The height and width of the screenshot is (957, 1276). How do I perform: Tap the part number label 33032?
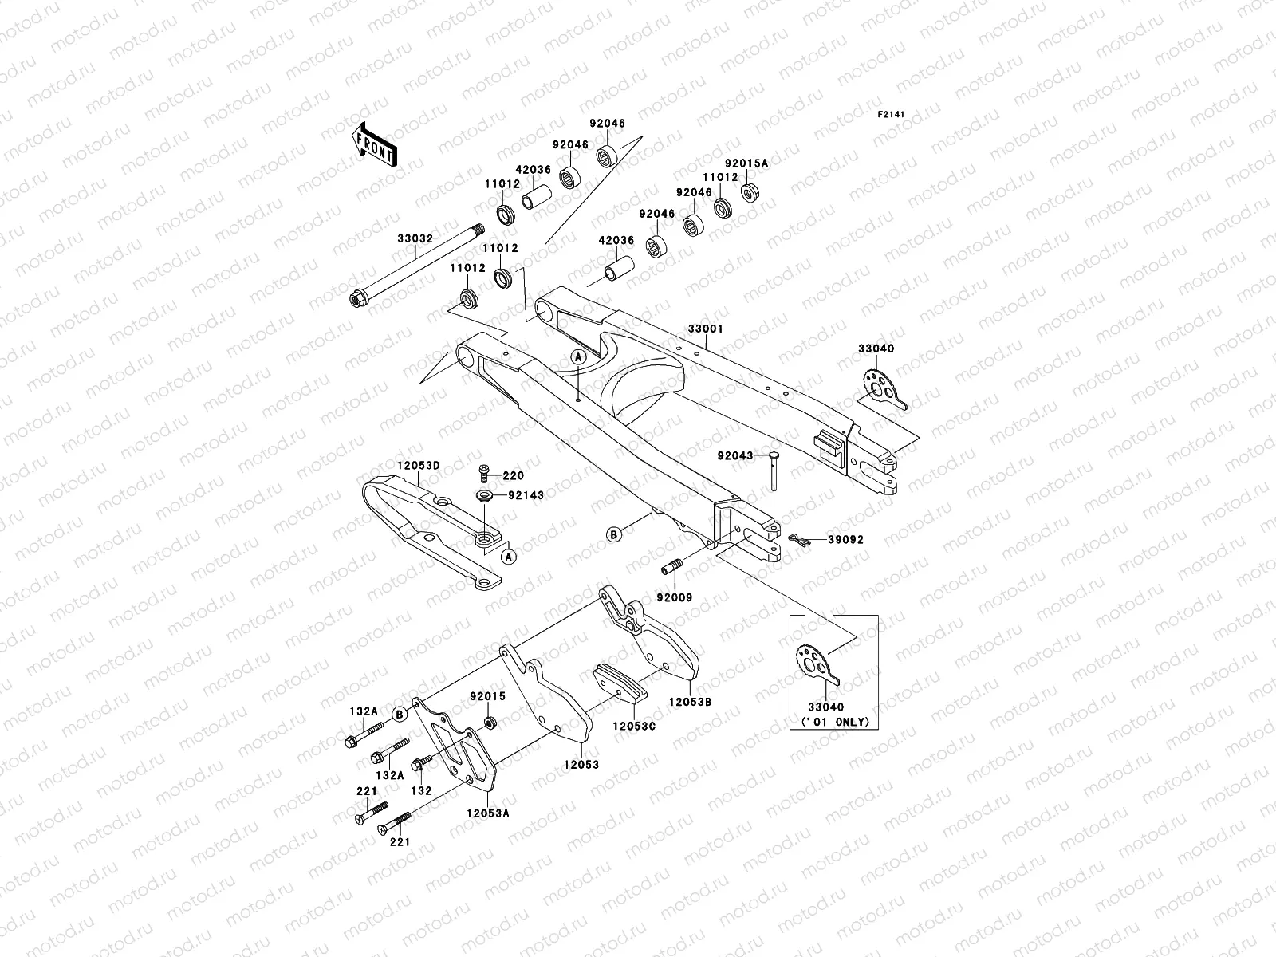[x=415, y=238]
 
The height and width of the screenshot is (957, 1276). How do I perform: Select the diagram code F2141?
[x=891, y=115]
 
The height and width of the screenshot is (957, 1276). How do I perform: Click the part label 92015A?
[x=746, y=163]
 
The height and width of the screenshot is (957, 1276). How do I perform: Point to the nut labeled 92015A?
[x=750, y=191]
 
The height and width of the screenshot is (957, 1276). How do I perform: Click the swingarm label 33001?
[x=705, y=329]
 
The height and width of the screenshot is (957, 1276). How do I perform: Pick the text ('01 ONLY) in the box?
[x=835, y=722]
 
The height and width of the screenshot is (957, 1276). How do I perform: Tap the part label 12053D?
[x=419, y=466]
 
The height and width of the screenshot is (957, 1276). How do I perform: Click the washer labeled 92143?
[x=484, y=495]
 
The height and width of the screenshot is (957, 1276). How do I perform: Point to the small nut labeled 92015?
[x=490, y=723]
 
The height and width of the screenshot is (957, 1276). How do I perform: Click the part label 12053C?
[x=634, y=727]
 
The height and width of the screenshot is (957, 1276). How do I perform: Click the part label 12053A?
[x=488, y=813]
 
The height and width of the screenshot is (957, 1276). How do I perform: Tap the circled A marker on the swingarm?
[x=578, y=357]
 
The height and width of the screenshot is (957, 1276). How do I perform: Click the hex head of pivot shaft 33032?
[x=356, y=299]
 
